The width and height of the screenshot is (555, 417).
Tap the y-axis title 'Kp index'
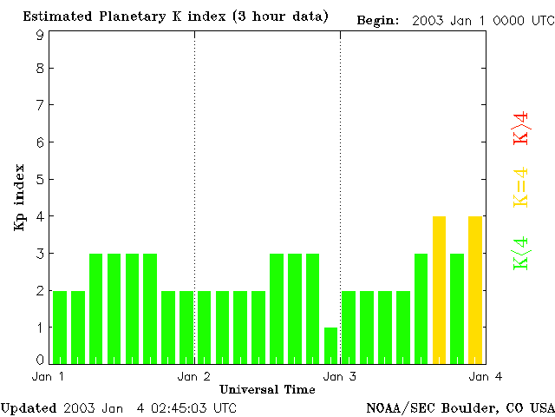coord(19,197)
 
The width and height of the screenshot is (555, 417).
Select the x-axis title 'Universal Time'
coord(267,389)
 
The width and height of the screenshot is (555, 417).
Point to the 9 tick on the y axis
coord(40,36)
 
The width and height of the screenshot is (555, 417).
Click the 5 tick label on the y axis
coord(40,180)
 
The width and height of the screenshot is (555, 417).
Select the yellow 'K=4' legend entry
coord(521,187)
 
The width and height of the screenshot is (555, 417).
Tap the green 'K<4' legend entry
coord(521,254)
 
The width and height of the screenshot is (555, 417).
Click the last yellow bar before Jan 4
coord(475,289)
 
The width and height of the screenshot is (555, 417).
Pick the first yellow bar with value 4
coord(439,289)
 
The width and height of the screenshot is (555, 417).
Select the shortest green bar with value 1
coord(330,345)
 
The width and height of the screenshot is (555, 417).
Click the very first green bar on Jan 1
coord(60,327)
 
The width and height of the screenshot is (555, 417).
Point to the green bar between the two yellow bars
coord(457,308)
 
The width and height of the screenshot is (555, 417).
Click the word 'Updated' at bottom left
coord(29,407)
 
